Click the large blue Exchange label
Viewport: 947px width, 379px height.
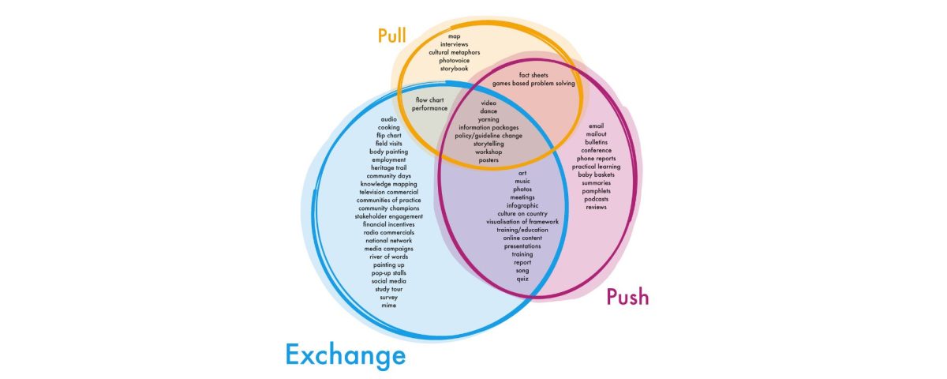[x=345, y=355]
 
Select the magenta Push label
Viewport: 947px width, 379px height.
[x=627, y=297]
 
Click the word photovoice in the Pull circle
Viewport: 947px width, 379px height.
[x=455, y=61]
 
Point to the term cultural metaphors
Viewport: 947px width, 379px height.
[x=455, y=53]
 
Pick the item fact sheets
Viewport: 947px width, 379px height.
[x=533, y=75]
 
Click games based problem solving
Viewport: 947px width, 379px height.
[x=533, y=83]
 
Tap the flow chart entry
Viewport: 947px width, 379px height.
[x=430, y=100]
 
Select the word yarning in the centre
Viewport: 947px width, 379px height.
[x=488, y=119]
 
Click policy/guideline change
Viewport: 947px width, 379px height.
[x=488, y=136]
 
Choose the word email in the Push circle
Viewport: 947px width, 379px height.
[x=596, y=126]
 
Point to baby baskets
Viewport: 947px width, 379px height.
[x=596, y=174]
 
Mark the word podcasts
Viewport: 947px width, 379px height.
[x=596, y=199]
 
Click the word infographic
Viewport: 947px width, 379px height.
[x=522, y=205]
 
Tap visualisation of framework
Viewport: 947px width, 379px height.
[x=522, y=222]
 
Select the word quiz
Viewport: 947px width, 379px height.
[x=522, y=279]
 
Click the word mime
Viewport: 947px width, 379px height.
[x=388, y=306]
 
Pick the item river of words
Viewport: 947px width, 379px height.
[x=388, y=257]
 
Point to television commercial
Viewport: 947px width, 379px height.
[x=388, y=192]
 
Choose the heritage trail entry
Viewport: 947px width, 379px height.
[x=388, y=167]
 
